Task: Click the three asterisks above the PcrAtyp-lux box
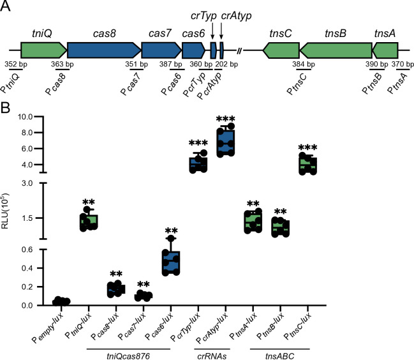click(x=226, y=121)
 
